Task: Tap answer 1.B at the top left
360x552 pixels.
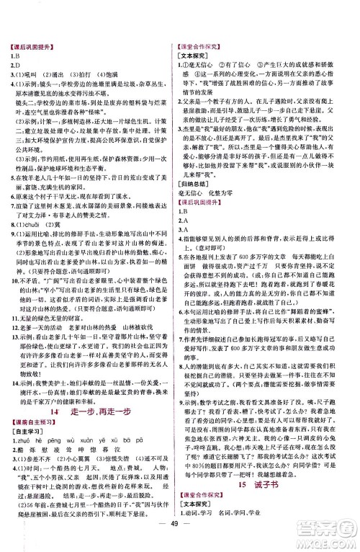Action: tap(14, 56)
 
